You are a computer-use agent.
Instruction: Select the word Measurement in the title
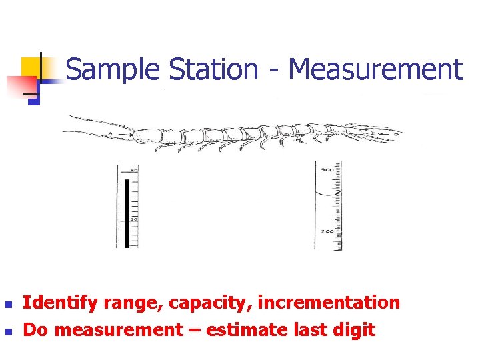376,69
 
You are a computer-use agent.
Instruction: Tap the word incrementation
329,303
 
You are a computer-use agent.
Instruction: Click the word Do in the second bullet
34,329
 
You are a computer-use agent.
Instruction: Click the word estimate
255,329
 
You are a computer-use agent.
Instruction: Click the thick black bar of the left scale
127,212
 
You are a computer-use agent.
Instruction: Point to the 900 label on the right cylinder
327,170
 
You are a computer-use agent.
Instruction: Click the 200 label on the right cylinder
327,231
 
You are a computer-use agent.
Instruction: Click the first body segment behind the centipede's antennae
149,136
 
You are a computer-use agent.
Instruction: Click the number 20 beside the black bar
133,219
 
